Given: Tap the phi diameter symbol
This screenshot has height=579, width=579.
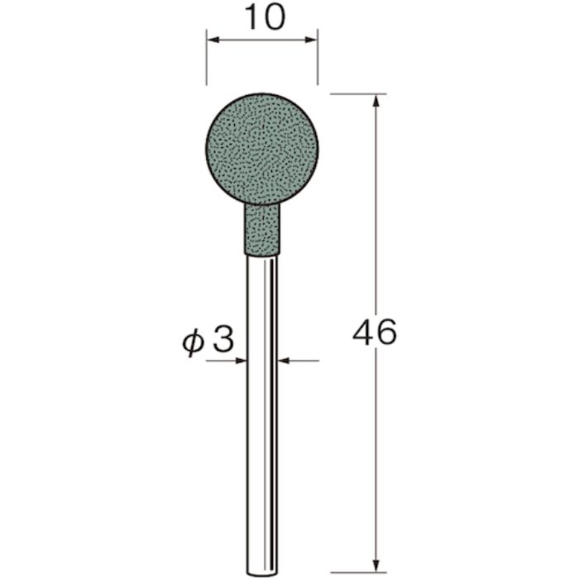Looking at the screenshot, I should (192, 342).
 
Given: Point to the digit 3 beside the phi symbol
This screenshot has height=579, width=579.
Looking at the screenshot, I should (223, 341).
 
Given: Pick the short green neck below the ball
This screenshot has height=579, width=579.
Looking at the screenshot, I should (261, 229).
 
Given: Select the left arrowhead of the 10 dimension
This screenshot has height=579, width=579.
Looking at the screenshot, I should (212, 39).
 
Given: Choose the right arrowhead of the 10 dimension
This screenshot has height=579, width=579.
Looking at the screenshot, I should (313, 39).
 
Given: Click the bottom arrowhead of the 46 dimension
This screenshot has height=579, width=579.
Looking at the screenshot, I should (377, 567).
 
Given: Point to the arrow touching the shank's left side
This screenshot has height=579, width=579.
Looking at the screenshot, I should (241, 360).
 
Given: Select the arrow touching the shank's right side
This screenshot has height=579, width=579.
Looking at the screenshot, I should (284, 360).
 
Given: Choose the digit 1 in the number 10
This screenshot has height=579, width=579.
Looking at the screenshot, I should (251, 17).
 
